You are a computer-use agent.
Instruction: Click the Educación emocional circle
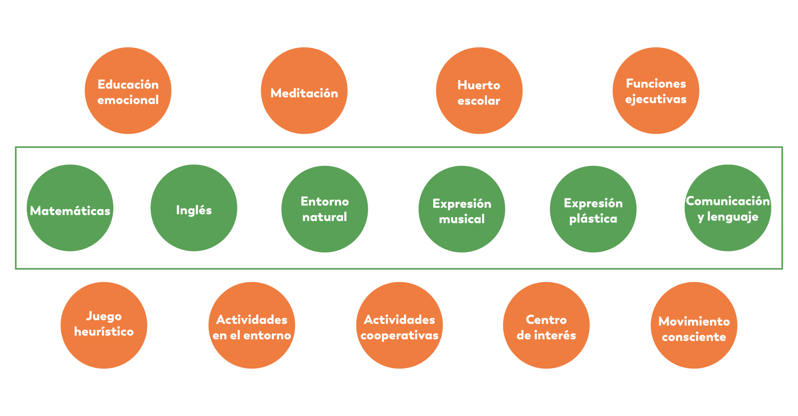pos(128,91)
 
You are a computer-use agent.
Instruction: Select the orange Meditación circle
pos(304,91)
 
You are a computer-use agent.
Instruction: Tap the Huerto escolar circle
pos(479,91)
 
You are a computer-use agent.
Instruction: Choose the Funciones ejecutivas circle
pos(656,91)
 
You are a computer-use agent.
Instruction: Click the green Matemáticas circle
pos(70,208)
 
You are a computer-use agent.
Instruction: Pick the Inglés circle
pos(194,208)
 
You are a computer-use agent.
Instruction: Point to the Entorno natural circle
pos(324,209)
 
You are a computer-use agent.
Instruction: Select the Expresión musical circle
pos(462,209)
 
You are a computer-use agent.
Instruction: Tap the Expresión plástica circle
pos(593,209)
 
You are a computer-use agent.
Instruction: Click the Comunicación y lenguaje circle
pos(728,208)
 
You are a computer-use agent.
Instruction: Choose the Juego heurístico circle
pos(104,325)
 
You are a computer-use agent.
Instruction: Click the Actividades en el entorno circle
pos(252,325)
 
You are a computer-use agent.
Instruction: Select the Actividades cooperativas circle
pos(399,325)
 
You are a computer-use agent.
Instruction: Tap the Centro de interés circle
pos(546,325)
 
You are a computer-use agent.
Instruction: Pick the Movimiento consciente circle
pos(694,325)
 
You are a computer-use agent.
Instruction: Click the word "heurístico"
pos(104,332)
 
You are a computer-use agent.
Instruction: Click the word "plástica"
pos(593,219)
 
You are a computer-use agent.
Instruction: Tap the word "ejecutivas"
pos(656,100)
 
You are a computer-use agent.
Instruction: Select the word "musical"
pos(462,219)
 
